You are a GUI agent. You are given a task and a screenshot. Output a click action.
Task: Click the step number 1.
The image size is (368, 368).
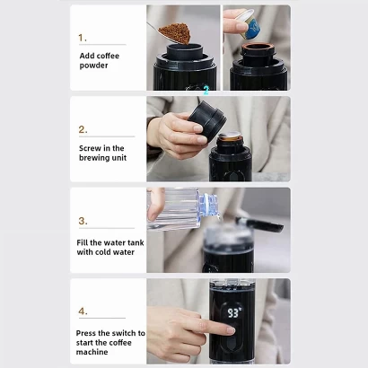coord(83,38)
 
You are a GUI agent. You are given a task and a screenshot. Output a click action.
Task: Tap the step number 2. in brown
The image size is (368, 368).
coord(83,129)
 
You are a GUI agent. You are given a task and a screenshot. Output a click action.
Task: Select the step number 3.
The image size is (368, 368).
coord(83,221)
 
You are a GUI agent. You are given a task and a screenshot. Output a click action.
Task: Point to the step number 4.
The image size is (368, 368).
coord(83,311)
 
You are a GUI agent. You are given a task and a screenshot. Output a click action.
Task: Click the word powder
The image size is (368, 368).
coord(93,66)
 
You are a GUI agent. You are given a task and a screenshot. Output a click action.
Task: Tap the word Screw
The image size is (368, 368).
coord(90,148)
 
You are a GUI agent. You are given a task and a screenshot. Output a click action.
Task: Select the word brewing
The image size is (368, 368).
coord(94,158)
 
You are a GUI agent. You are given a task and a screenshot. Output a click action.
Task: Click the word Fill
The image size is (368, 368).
coord(83,242)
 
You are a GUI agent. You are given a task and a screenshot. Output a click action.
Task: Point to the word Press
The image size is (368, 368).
coord(86,333)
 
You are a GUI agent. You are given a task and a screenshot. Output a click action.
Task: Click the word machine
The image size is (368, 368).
coord(92,352)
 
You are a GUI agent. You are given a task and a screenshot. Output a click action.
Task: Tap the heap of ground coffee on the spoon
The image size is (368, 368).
coord(175,33)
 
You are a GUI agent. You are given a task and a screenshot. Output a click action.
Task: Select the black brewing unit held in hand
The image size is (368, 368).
coord(207,120)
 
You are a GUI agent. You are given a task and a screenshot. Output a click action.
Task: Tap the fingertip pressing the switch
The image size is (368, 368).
coord(231,330)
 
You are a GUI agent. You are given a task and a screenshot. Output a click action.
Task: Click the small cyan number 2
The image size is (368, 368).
coord(206,90)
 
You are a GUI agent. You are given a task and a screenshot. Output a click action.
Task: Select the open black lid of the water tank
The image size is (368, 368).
coord(259,224)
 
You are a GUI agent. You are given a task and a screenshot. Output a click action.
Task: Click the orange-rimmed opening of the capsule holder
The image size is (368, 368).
coord(258,47)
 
